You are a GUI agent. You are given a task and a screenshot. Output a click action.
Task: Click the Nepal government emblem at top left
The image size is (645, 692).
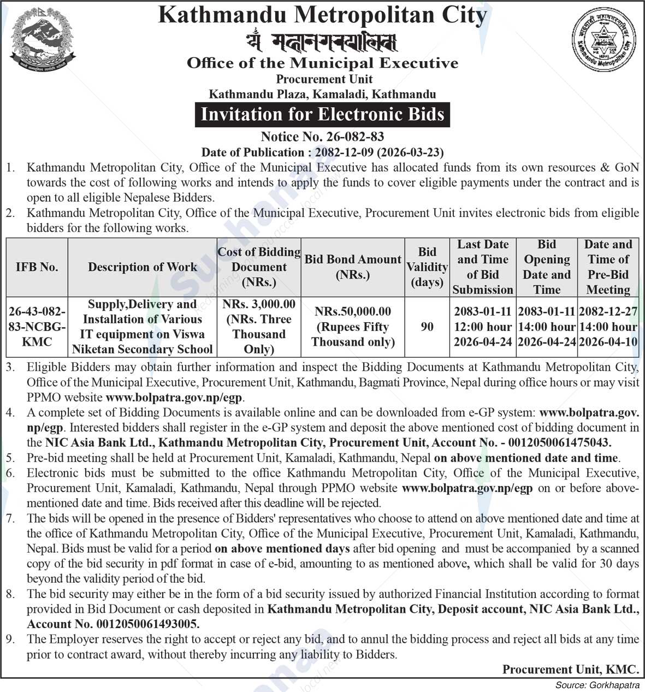coord(43,42)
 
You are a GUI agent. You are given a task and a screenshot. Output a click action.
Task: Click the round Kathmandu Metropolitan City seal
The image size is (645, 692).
coord(603,42)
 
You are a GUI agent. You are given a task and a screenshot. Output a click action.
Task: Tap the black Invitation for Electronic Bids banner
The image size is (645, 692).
coord(322,115)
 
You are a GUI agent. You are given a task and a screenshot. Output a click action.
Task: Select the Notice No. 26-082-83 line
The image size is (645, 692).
coord(322,137)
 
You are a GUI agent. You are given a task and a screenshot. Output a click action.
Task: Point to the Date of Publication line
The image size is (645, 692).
coord(322,152)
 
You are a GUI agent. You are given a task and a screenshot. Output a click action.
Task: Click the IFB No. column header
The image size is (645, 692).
coord(37,267)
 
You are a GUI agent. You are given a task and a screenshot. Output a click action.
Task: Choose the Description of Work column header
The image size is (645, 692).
coord(143,267)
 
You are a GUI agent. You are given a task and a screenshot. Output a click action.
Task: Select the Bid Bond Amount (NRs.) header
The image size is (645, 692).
coord(353,267)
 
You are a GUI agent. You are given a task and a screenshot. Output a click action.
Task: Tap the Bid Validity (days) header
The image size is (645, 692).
coord(427,267)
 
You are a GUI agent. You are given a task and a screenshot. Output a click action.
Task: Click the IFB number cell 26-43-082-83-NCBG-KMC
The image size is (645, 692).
coord(37,327)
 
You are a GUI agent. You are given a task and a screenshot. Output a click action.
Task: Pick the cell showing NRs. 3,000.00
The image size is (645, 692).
coord(259,304)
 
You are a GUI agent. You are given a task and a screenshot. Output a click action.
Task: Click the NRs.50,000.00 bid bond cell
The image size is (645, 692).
coord(353,311)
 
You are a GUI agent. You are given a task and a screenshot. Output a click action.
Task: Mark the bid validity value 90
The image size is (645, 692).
coord(427,327)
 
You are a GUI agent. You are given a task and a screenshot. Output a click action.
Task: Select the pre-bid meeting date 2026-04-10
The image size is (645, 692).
coord(608,342)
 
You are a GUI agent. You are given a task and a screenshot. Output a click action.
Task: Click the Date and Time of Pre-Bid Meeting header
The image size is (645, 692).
coord(608,267)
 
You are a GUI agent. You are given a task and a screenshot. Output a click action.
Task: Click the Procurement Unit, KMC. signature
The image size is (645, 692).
coord(570,669)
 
